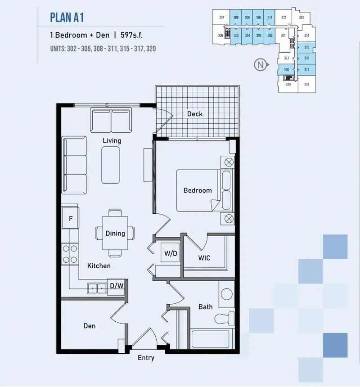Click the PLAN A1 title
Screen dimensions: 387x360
point(67,18)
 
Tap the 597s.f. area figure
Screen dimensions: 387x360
point(135,35)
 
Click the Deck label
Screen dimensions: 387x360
point(195,114)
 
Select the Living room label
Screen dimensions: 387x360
point(112,140)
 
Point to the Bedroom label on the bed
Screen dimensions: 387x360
point(198,190)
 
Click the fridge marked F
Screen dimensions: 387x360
point(71,219)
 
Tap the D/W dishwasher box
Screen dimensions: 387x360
point(117,286)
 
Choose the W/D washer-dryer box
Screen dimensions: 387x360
point(171,253)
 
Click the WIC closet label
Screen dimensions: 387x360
point(204,258)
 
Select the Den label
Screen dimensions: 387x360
point(90,326)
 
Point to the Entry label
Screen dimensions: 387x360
point(146,358)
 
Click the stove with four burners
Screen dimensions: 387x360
point(70,253)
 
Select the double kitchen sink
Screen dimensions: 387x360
point(97,288)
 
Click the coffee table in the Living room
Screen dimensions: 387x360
point(111,165)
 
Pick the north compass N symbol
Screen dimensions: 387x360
point(260,65)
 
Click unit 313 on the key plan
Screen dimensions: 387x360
point(301,18)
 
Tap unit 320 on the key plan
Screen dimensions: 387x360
point(286,70)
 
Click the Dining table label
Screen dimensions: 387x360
point(115,233)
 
